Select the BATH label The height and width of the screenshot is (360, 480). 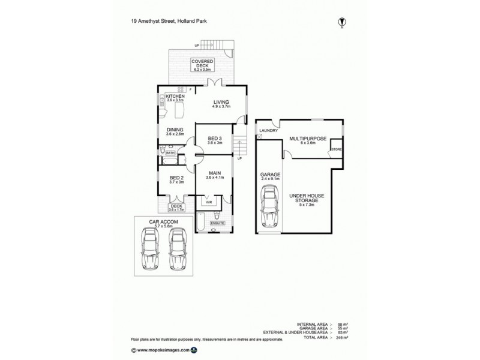170,153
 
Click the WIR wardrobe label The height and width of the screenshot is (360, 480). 208,202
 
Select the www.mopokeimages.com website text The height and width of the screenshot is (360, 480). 163,349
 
